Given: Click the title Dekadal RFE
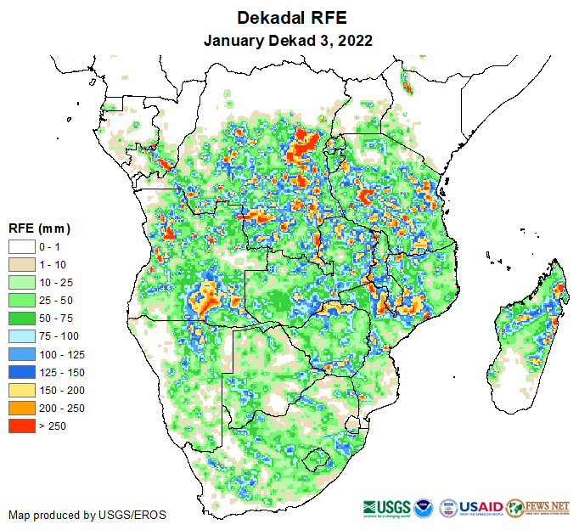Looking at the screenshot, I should click(289, 18).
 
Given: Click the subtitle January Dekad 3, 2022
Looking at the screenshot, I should click(289, 40).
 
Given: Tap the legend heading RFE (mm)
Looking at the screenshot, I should click(39, 228).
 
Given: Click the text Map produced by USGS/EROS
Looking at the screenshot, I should click(87, 515).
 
